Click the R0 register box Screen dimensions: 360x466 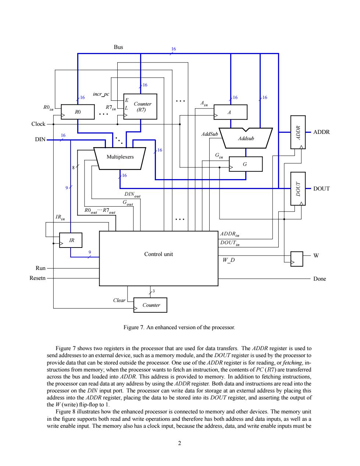coord(78,112)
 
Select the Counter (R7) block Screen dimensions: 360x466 coord(140,107)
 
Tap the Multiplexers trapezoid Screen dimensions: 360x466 coord(120,159)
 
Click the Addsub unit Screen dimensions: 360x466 coord(246,138)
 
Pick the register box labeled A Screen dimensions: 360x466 coord(231,112)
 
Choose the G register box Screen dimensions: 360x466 coord(246,164)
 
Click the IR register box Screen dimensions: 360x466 coord(71,240)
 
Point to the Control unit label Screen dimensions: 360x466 coord(158,254)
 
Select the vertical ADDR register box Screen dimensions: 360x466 coord(298,132)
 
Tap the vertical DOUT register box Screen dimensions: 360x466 coord(298,189)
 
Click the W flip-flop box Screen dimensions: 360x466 coord(297,259)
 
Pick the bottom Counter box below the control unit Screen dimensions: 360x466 coord(150,305)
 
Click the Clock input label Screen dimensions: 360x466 coord(38,124)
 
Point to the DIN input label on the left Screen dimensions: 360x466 coord(40,139)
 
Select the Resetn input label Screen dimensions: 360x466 coord(38,278)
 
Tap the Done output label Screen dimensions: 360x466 coord(320,279)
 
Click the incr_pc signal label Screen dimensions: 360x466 coord(101,94)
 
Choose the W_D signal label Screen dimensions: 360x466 coord(229,260)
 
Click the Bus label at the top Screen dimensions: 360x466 coord(118,47)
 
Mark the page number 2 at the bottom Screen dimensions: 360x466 coord(179,443)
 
